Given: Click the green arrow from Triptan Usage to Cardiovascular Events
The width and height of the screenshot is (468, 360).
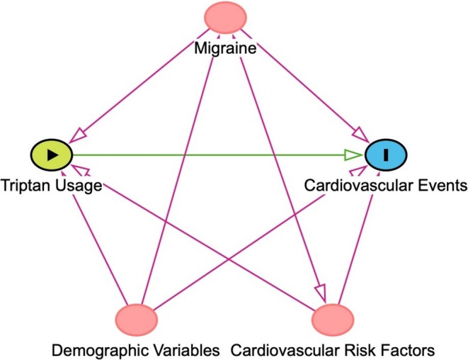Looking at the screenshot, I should (x=212, y=155).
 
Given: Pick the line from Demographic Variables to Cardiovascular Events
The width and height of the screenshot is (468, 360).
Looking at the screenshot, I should (x=262, y=234).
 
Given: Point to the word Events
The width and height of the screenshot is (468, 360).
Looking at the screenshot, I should (x=440, y=186).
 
